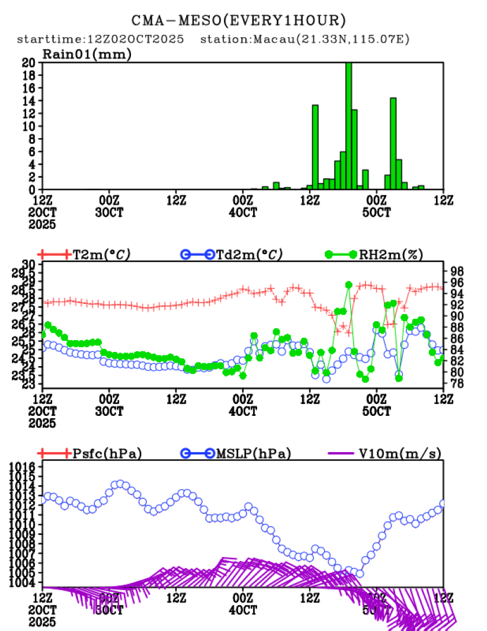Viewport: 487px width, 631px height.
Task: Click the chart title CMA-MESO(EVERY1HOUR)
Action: click(x=239, y=21)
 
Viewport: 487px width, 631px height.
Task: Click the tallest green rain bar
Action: click(x=348, y=126)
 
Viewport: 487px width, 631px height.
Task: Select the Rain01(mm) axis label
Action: click(x=86, y=54)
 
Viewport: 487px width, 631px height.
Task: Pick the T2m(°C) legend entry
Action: click(x=101, y=255)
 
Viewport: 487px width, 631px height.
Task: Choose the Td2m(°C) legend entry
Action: click(x=249, y=255)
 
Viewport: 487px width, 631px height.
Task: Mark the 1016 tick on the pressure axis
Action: click(x=24, y=467)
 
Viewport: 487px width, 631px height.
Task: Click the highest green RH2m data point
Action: click(x=348, y=285)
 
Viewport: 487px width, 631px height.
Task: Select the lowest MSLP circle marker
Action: click(x=359, y=574)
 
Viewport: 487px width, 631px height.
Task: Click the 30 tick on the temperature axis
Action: click(x=28, y=264)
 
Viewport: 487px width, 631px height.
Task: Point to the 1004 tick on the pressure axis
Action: click(x=24, y=582)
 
